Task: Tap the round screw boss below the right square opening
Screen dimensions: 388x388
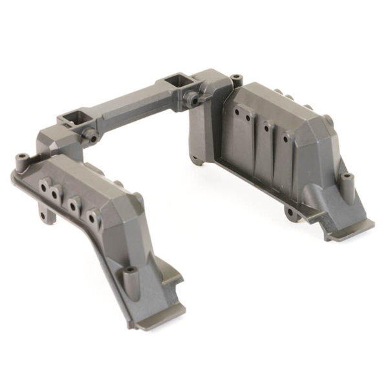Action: tap(192, 100)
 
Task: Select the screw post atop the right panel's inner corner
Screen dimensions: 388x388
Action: tap(236, 79)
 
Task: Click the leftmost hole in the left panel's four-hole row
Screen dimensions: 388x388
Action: tap(44, 187)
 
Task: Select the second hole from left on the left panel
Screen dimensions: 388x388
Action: tap(57, 193)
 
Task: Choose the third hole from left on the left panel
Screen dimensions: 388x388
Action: tap(76, 206)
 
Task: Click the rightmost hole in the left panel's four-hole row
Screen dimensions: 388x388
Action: tap(91, 218)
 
